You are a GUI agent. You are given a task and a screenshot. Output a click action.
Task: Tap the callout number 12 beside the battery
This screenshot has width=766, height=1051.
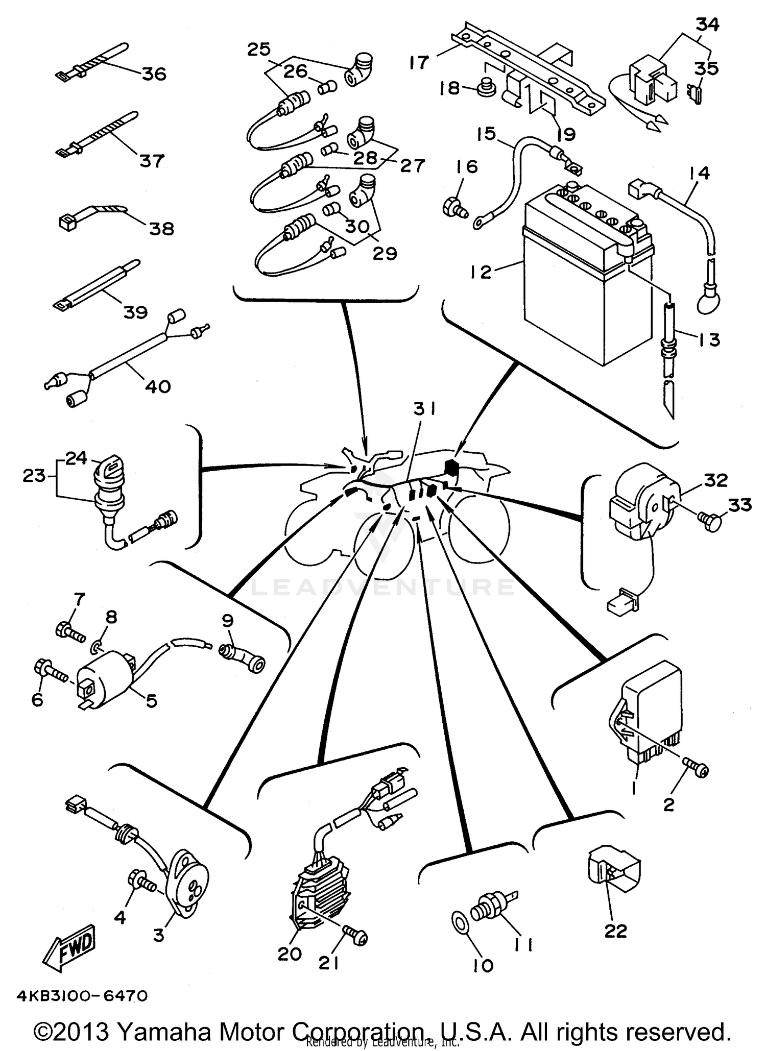tap(481, 272)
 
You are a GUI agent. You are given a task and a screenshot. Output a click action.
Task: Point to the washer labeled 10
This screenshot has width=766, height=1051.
tap(460, 923)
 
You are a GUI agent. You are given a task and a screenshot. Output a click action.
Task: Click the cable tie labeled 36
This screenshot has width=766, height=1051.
tap(89, 62)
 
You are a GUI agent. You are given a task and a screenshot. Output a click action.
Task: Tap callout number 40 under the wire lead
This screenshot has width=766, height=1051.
tap(157, 386)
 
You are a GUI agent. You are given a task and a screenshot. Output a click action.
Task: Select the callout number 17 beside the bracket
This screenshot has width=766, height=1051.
tap(419, 63)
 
